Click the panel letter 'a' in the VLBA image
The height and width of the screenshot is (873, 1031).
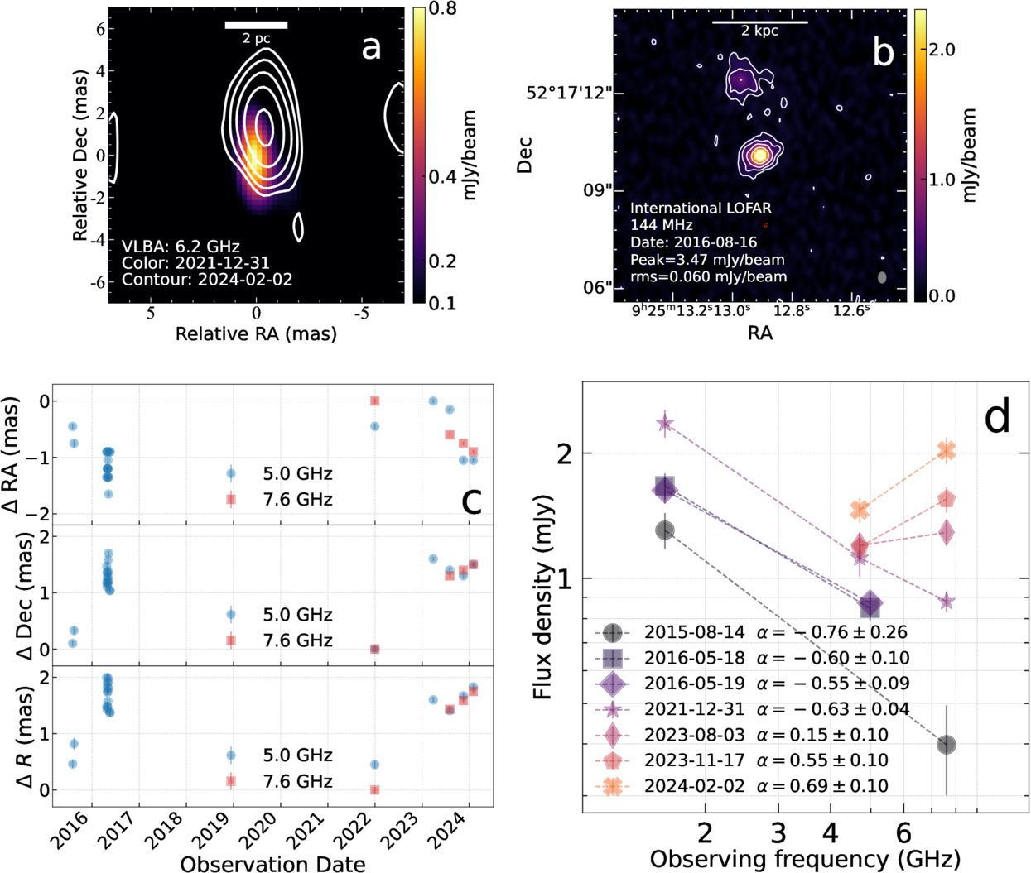click(x=371, y=48)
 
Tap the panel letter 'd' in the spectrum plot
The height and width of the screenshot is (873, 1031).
click(x=996, y=417)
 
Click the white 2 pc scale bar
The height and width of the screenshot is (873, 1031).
click(x=256, y=25)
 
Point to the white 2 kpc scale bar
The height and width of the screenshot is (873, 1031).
click(x=759, y=22)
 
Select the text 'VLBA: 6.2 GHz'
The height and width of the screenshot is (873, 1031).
click(x=181, y=247)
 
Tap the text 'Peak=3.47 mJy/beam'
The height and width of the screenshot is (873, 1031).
click(x=707, y=260)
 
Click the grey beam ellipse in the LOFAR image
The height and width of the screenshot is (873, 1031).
click(x=882, y=278)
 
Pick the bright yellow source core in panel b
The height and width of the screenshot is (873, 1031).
click(x=760, y=155)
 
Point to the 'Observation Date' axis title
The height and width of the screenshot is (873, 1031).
click(x=272, y=864)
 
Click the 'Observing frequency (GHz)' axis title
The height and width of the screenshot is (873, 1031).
click(x=805, y=859)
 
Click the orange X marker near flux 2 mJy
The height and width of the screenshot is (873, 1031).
click(x=947, y=450)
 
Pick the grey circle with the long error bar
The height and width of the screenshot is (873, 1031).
click(x=947, y=745)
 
